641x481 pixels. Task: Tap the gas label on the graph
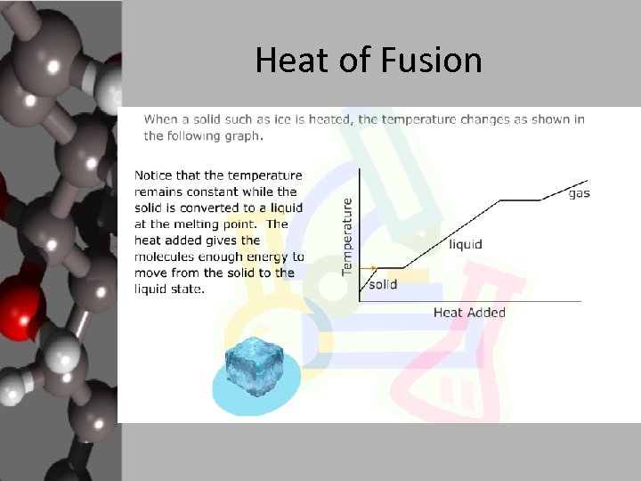click(579, 193)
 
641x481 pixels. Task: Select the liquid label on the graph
click(466, 244)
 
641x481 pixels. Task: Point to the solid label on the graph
click(382, 284)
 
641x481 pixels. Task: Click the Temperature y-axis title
click(348, 236)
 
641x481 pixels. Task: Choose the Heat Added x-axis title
click(469, 313)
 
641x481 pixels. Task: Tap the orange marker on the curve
click(374, 267)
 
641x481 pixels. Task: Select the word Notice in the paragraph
click(157, 175)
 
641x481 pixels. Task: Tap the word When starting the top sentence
click(161, 119)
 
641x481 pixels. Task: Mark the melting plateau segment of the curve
click(389, 267)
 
